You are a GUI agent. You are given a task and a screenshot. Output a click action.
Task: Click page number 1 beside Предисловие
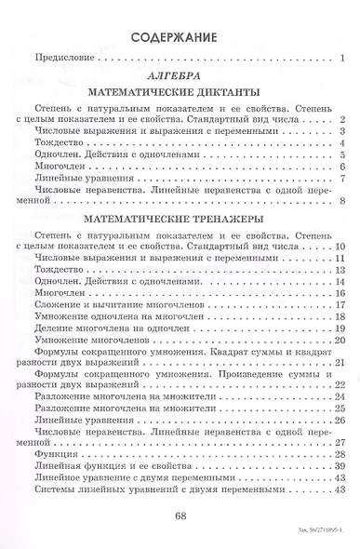click(343, 61)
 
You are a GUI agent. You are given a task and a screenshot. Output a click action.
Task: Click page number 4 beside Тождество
click(343, 142)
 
